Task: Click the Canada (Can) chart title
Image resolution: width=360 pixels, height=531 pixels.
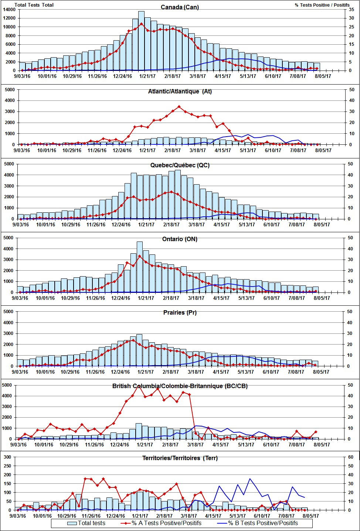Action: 180,7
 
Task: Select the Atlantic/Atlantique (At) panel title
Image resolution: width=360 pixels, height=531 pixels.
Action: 180,91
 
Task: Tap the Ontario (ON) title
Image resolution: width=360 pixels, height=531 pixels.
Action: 180,239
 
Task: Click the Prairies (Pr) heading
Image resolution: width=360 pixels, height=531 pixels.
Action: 180,312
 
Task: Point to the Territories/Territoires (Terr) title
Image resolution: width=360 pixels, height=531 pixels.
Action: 180,458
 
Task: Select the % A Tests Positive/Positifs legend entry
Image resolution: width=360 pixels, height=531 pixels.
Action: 166,523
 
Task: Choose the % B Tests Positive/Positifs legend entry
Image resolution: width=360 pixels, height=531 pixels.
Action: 263,523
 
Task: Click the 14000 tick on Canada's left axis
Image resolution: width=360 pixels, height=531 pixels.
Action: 9,10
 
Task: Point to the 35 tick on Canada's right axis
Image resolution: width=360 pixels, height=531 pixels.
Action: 352,10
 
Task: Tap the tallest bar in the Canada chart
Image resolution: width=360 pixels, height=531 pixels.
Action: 141,41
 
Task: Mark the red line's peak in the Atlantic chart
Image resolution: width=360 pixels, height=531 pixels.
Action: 179,107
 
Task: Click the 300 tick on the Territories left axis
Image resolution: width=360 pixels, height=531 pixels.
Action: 7,457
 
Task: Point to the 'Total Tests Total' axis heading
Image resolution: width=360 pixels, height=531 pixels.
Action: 34,5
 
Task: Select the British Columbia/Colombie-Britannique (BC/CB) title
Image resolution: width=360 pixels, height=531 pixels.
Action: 180,386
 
